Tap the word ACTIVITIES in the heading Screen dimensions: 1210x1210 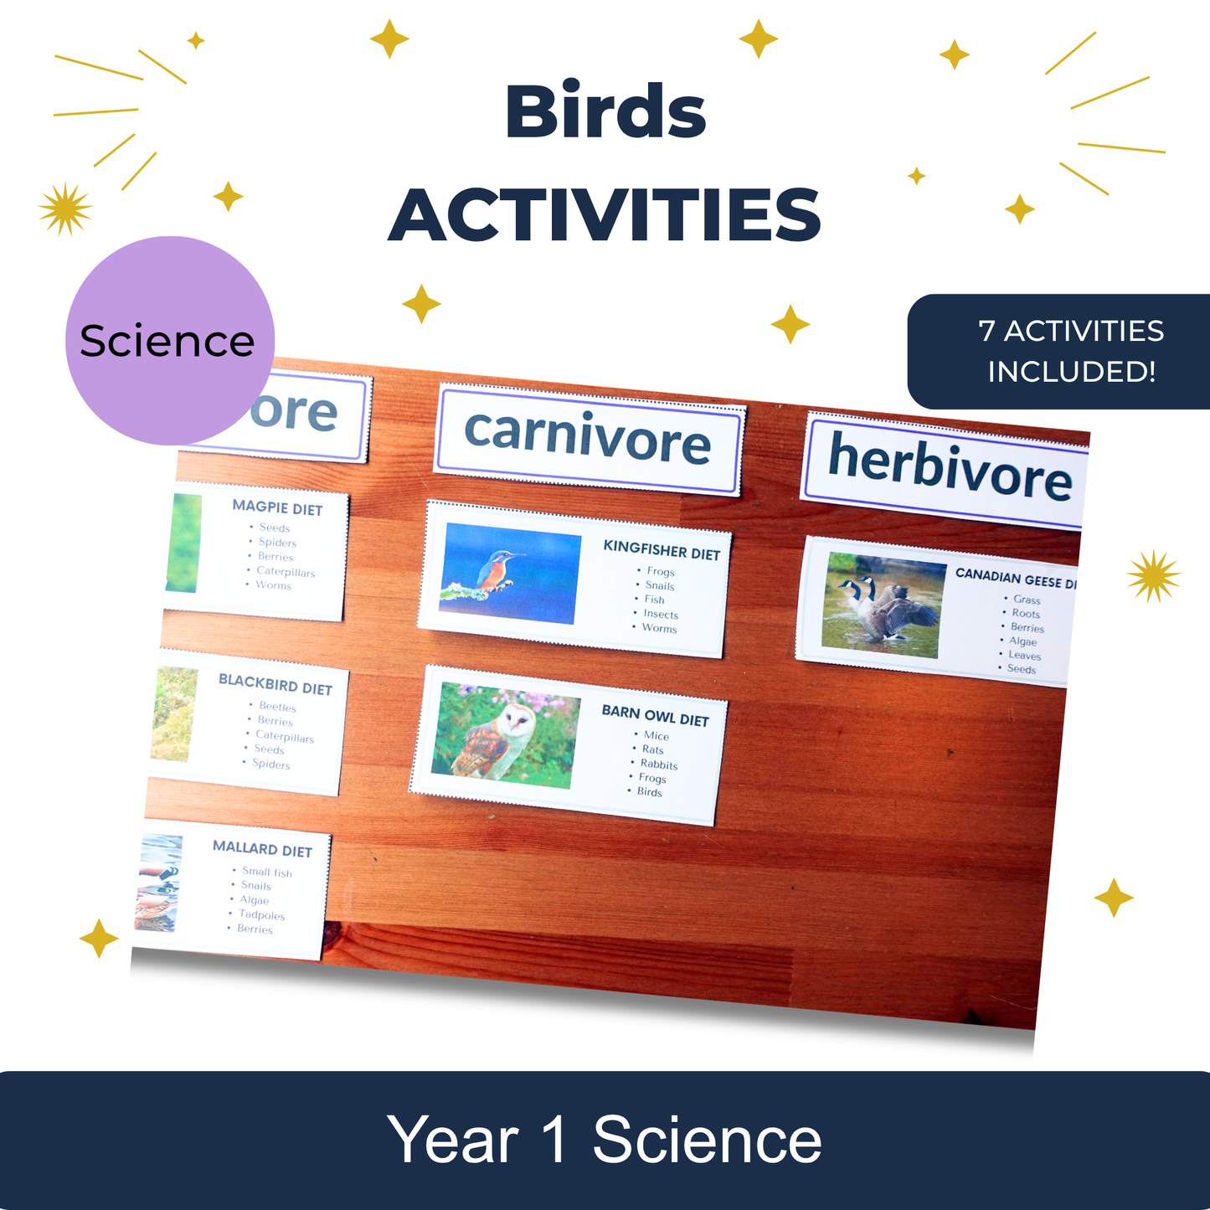coord(605,214)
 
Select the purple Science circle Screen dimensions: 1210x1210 coord(169,340)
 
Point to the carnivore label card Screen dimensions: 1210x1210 coord(588,439)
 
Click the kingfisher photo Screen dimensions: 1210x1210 coord(511,573)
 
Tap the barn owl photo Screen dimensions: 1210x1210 coord(505,735)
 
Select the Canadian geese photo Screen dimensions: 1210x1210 coord(883,604)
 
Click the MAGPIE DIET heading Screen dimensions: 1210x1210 coord(277,507)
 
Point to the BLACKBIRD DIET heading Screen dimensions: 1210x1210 coord(275,684)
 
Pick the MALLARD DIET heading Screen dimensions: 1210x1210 coord(262,849)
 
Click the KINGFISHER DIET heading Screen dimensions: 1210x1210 coord(662,550)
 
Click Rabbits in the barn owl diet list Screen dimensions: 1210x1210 coord(658,765)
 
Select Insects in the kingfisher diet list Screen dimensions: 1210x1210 coord(660,615)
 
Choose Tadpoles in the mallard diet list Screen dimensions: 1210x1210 coord(261,915)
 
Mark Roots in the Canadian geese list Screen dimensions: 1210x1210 coord(1025,614)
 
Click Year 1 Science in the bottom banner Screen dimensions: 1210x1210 coord(604,1140)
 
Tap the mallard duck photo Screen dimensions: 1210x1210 coord(159,883)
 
